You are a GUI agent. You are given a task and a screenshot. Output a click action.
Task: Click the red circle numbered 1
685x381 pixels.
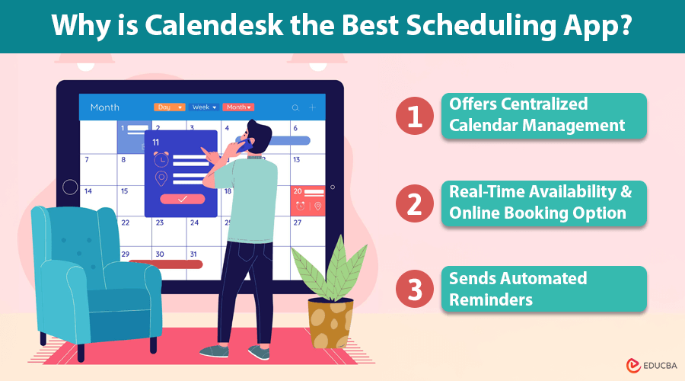coord(415,117)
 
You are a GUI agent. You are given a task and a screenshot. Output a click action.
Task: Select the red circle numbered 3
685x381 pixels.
coord(415,289)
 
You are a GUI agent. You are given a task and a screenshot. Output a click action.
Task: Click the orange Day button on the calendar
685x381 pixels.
coord(169,107)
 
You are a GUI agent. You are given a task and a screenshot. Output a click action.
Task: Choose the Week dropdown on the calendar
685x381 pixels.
coord(204,107)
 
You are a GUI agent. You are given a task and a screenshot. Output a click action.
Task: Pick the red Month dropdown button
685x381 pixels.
coord(237,107)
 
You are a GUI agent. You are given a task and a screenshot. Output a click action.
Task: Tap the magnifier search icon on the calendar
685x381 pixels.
coord(295,108)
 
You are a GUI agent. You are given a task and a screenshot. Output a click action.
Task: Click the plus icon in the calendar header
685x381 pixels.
coord(312,108)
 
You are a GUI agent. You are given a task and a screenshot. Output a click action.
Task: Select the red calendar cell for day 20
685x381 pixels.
coord(308,199)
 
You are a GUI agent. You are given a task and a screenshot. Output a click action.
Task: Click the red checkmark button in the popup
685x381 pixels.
coord(182,199)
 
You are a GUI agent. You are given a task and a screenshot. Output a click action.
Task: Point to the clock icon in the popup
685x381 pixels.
coord(161,160)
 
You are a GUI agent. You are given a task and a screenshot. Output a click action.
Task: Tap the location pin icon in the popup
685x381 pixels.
coord(161,178)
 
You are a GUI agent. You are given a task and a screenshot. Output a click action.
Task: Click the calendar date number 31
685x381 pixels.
coord(193,254)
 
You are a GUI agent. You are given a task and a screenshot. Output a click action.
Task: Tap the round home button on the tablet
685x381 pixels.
coord(70,187)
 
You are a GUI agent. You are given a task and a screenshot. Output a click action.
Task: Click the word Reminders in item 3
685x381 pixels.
coord(490,299)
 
